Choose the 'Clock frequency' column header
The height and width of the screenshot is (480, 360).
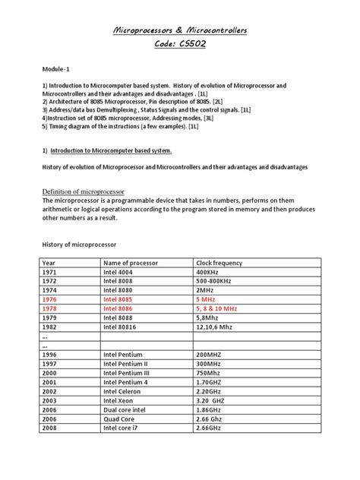click(x=220, y=262)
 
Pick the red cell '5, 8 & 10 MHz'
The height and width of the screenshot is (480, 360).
click(x=217, y=310)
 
